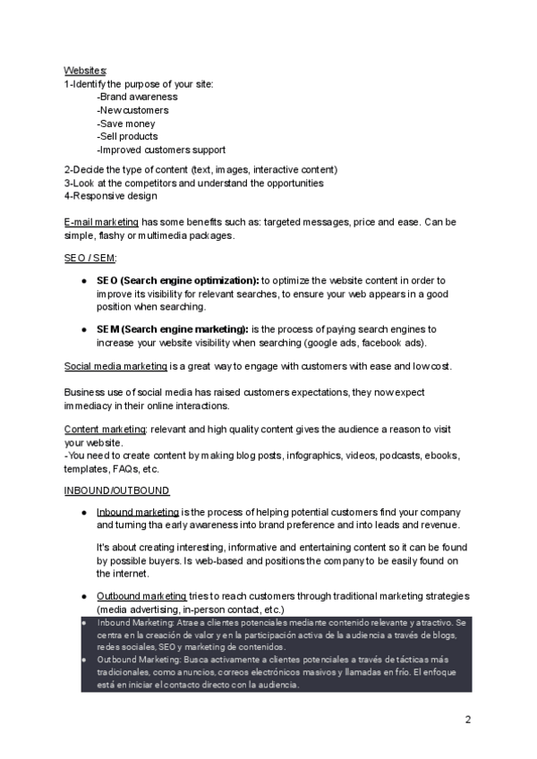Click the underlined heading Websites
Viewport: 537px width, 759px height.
pos(85,70)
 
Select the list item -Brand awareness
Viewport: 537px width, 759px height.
pos(137,97)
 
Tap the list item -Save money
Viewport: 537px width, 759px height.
pos(125,124)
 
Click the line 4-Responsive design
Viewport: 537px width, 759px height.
pos(110,196)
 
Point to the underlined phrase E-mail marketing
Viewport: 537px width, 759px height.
pos(101,222)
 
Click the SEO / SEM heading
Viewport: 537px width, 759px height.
pos(90,257)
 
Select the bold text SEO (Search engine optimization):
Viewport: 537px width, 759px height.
pos(177,280)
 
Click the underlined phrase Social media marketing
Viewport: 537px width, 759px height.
pos(115,366)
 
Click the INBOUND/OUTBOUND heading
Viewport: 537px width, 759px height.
pos(116,490)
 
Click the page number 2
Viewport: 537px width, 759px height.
pos(467,720)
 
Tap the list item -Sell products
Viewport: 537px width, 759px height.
pos(127,137)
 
